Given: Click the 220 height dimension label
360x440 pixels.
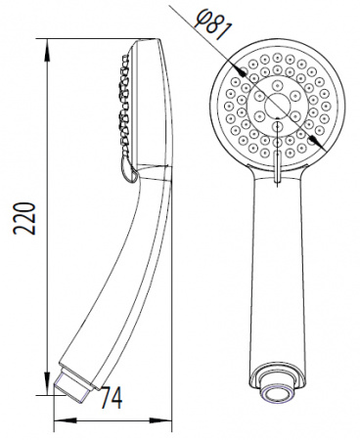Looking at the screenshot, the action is coord(23,218).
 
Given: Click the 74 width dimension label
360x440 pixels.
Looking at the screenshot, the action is coord(112,397).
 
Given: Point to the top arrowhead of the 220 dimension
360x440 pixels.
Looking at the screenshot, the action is coord(48,50).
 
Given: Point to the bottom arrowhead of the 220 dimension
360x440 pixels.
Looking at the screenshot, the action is coord(48,384).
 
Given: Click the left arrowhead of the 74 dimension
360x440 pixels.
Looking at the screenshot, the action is coord(65,420).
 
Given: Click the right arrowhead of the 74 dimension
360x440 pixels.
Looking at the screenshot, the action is coord(160,420).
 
